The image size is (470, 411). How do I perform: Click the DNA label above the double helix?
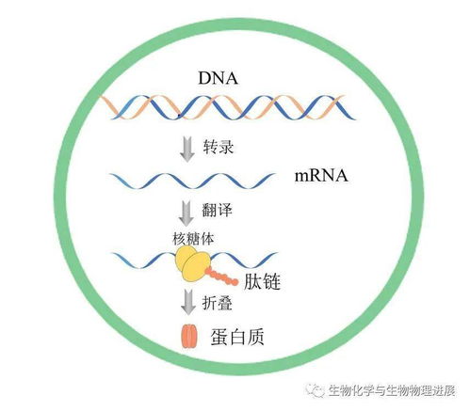click(218, 78)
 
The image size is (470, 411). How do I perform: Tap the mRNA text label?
click(321, 176)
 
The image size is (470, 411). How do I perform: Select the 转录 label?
click(219, 147)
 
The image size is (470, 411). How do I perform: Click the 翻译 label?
click(217, 209)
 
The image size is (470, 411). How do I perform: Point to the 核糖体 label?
click(193, 239)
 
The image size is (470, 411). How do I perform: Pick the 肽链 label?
click(262, 281)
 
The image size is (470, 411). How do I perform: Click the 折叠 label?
click(218, 303)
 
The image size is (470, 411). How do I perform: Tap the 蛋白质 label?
click(237, 337)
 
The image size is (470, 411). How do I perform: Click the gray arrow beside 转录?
click(187, 150)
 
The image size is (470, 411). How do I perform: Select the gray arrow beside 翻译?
click(186, 213)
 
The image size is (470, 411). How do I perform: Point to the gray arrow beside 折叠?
click(188, 302)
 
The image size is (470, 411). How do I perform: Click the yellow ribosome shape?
click(192, 262)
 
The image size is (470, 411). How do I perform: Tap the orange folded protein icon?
click(188, 336)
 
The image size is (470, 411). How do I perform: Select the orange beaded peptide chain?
click(221, 277)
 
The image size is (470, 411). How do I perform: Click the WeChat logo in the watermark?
click(316, 390)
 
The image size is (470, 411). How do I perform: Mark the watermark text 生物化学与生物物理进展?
click(392, 390)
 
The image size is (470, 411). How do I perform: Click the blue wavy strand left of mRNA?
click(192, 181)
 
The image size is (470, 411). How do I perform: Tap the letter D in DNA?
click(204, 78)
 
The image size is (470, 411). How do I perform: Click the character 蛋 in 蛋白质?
click(219, 337)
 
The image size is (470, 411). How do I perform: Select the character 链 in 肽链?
click(271, 281)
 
